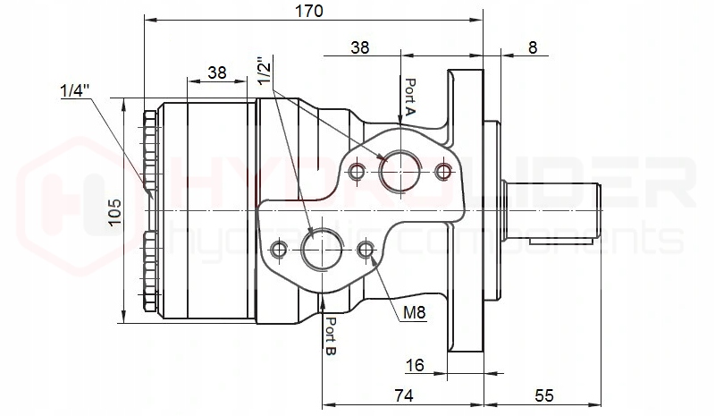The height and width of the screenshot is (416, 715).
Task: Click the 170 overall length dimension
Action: [x=311, y=11]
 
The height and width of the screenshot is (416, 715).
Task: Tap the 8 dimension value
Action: [x=533, y=47]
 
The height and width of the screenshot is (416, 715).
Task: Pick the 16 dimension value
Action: [x=414, y=364]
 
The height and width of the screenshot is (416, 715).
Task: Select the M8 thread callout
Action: [x=413, y=312]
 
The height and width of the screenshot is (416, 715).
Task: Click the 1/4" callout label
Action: [x=75, y=90]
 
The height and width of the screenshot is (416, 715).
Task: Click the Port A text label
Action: [x=410, y=98]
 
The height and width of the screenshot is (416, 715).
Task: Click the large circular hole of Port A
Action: [x=397, y=170]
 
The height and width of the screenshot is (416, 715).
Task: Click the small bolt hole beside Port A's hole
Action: [x=357, y=170]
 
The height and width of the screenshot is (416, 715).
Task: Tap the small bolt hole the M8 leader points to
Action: [x=364, y=248]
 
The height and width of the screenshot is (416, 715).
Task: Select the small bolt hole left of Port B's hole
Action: [x=282, y=248]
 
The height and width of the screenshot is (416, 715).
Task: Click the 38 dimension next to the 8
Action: [x=360, y=47]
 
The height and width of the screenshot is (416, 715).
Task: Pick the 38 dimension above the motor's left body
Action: [x=215, y=72]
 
